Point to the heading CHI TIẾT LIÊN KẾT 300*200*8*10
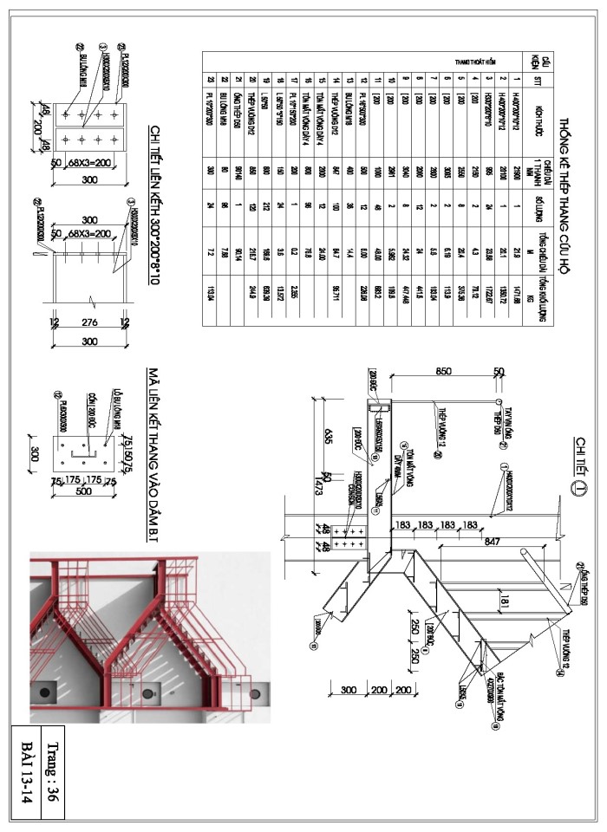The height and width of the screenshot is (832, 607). [157, 204]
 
